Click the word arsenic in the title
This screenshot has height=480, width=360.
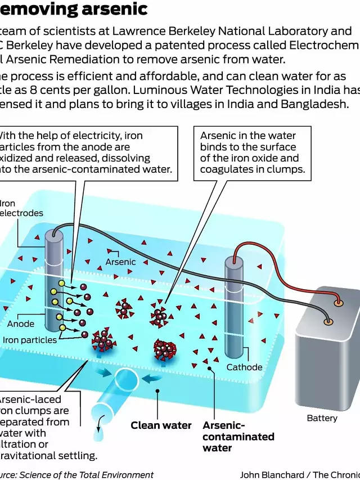point(115,10)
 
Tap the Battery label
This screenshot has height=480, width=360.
point(322,418)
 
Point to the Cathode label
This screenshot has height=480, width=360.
point(244,367)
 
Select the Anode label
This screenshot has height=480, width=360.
point(21,324)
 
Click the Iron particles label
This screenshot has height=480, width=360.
point(30,340)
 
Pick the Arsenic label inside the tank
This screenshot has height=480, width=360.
point(120,262)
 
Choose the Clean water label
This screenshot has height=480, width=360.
point(161,425)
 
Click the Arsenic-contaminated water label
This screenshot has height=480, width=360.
point(238,437)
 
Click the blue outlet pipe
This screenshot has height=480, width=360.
point(118,394)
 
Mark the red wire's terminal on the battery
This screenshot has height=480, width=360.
point(338,303)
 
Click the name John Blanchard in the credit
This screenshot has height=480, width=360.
point(272,474)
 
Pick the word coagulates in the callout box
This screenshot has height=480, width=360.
point(226,169)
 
